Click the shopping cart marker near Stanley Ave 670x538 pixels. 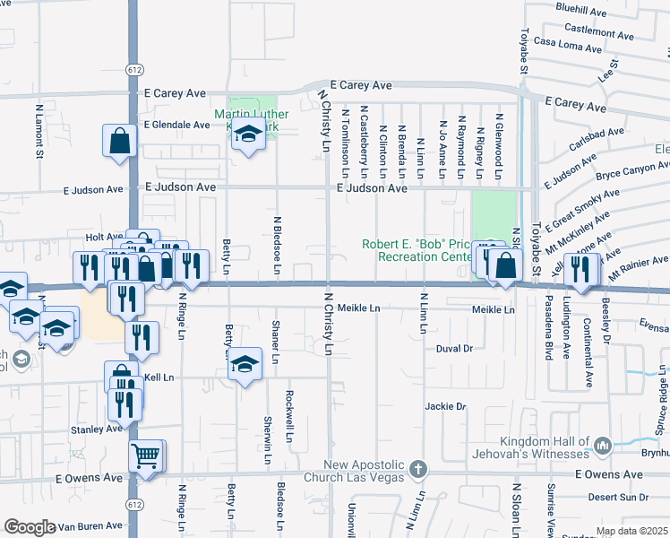click(x=146, y=455)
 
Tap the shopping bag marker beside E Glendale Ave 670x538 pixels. click(x=120, y=141)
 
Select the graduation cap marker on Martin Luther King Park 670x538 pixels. click(x=248, y=134)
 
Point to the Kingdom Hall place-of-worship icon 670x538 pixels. click(x=602, y=444)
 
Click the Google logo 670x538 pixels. click(x=30, y=527)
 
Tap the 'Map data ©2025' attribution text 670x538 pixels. click(x=631, y=531)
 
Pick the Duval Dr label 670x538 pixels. click(x=453, y=348)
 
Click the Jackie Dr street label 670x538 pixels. click(x=446, y=406)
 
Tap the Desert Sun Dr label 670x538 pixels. click(x=619, y=497)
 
